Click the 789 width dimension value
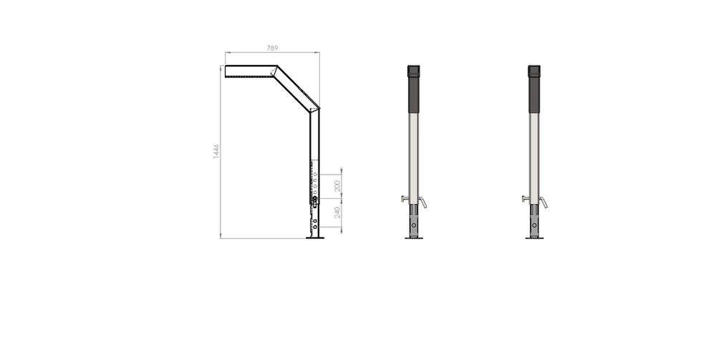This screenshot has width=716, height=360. coord(272,48)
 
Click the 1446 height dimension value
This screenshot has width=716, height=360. coord(216,152)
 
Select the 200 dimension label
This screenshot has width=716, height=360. coord(337,186)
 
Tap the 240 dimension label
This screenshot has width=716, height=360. coord(337,213)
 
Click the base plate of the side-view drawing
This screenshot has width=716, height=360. coord(315,238)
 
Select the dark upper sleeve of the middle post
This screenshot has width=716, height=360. coord(413,89)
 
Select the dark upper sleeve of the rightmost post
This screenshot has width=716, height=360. coord(534,89)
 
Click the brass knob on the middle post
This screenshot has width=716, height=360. coord(405,198)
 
